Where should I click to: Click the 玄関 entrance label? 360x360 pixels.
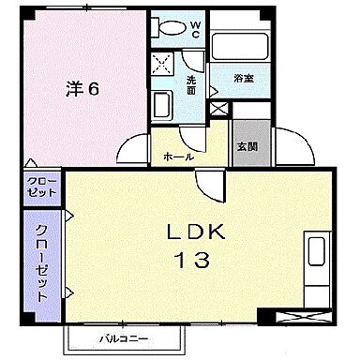point(247,146)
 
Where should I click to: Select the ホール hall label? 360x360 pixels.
point(179,155)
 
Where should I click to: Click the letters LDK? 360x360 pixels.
point(197,232)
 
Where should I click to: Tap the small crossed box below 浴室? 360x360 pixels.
point(218,108)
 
